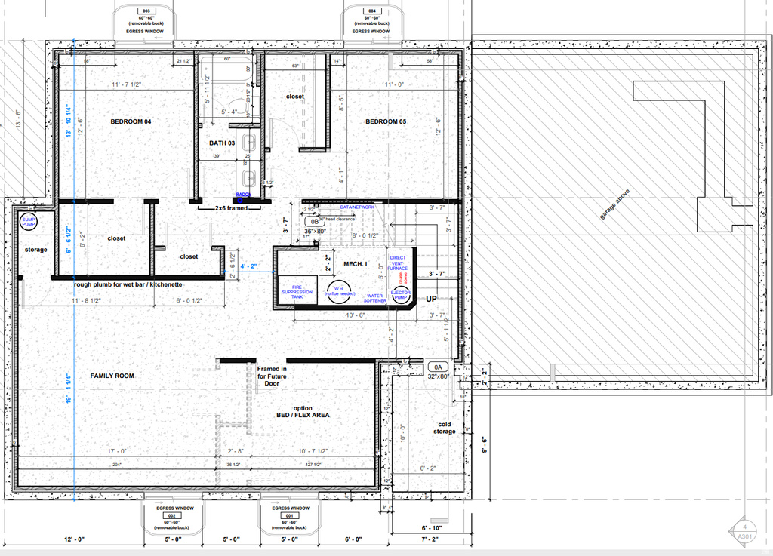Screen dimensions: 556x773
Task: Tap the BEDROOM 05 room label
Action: click(x=392, y=121)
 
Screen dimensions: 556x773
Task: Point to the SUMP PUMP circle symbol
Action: click(x=29, y=222)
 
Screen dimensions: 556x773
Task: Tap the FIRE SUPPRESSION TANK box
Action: click(x=297, y=291)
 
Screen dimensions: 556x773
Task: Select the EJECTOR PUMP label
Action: click(x=401, y=294)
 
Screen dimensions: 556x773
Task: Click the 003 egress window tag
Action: click(x=146, y=11)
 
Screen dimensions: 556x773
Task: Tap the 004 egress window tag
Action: click(x=371, y=11)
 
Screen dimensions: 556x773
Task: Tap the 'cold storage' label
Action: click(x=445, y=427)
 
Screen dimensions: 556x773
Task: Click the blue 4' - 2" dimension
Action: click(x=249, y=266)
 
